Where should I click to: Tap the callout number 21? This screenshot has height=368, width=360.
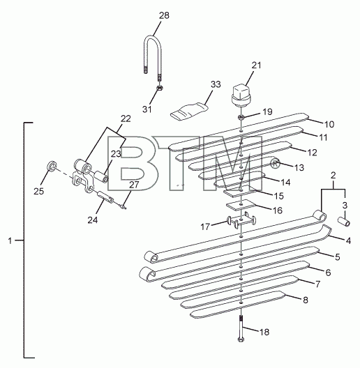tap(256, 65)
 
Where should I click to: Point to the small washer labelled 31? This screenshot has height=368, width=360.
tap(160, 89)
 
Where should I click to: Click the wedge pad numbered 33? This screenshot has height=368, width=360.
tap(189, 112)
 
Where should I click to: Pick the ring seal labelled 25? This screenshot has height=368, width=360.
tap(52, 166)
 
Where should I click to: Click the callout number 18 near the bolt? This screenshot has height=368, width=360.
tap(264, 332)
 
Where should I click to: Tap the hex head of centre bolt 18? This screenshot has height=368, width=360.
tap(241, 339)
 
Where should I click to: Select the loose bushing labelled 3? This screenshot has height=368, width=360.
tap(344, 222)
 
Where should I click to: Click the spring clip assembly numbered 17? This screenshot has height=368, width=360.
tap(241, 220)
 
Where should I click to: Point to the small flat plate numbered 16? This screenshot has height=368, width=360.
tap(240, 205)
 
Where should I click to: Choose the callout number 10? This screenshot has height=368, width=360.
tap(329, 124)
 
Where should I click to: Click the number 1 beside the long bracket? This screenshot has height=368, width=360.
tap(10, 240)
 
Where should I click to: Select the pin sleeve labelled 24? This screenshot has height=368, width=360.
tap(105, 197)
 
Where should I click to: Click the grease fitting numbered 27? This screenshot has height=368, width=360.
tap(123, 206)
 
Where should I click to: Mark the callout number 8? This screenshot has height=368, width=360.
tap(306, 300)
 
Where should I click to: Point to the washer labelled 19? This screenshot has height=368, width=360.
tap(241, 116)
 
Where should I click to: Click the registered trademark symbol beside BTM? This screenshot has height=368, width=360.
tap(275, 164)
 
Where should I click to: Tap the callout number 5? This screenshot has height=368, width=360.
tap(338, 257)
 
